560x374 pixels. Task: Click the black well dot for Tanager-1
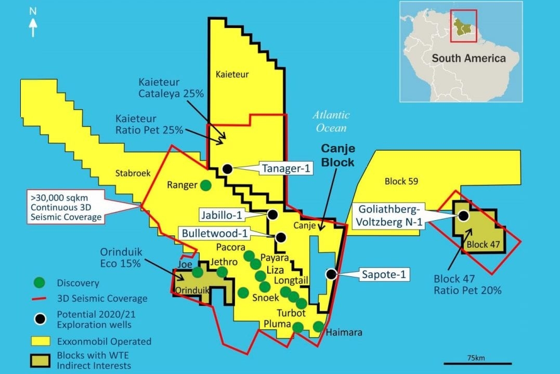coord(227,168)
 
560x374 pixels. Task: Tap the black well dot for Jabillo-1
coord(272,214)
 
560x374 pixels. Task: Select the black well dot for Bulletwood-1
coord(281,237)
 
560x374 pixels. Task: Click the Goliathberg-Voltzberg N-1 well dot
coord(463,215)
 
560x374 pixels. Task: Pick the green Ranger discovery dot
coord(206,184)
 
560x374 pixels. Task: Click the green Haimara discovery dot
coord(318,326)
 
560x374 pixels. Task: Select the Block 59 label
coord(401,182)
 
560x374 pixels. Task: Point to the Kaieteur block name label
coord(232,75)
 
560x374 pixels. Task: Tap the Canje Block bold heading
coord(337,155)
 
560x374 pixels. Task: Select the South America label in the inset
coord(468,58)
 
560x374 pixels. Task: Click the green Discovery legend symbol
coord(38,283)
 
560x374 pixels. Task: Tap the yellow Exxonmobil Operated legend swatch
coord(38,341)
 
